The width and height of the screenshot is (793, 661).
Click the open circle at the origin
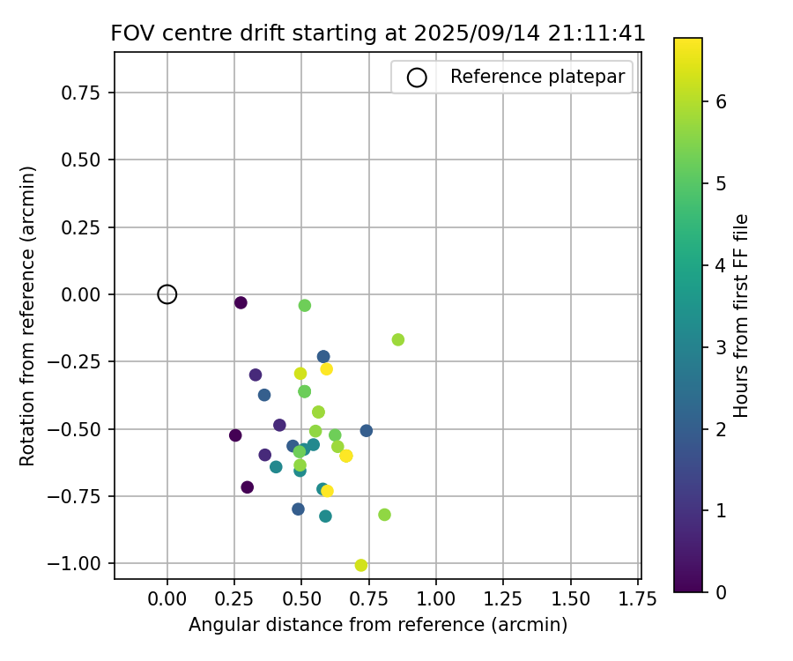(167, 294)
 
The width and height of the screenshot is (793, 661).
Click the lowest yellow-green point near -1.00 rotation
(361, 565)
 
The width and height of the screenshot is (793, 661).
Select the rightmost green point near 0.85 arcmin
(398, 339)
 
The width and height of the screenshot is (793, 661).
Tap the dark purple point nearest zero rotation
(241, 302)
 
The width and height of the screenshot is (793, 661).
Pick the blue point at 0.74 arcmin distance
(367, 431)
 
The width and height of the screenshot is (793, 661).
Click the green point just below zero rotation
(305, 305)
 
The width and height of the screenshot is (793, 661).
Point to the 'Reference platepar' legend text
(537, 77)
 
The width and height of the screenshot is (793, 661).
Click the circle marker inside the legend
(417, 78)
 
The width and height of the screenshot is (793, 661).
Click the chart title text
(378, 33)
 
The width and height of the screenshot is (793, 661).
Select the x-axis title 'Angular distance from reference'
(378, 625)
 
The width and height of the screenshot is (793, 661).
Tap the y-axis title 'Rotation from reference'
(27, 316)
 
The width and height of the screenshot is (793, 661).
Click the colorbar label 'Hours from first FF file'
(742, 316)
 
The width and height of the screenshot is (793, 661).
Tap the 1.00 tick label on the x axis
(436, 599)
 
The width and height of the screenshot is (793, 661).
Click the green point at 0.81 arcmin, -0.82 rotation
(384, 515)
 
